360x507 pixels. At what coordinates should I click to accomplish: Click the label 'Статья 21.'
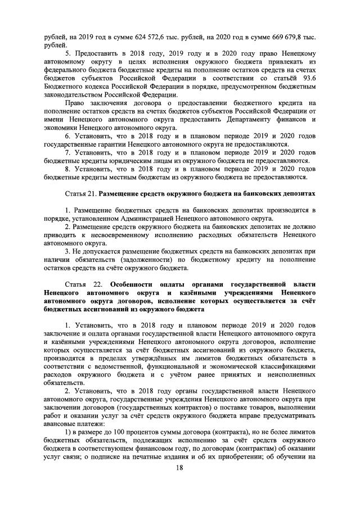pyautogui.click(x=80, y=193)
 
